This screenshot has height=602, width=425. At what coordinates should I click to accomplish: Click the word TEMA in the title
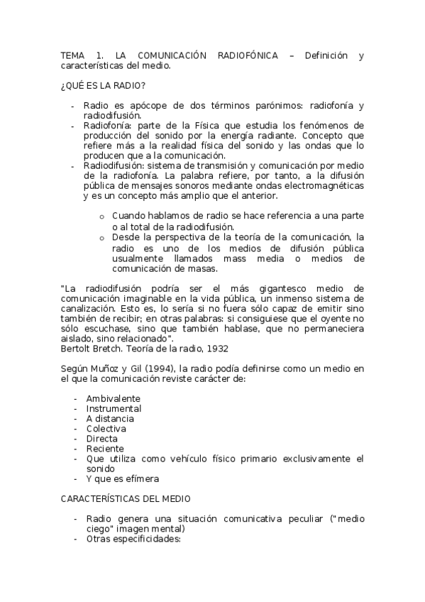[72, 55]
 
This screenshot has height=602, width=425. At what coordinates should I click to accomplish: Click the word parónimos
[275, 106]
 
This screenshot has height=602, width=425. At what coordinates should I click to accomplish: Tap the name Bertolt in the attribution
[75, 349]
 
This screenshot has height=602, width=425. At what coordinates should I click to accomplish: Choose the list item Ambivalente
[114, 398]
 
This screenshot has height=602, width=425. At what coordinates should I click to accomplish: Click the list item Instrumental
[114, 408]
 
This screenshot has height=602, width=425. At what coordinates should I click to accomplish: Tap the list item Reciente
[105, 449]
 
